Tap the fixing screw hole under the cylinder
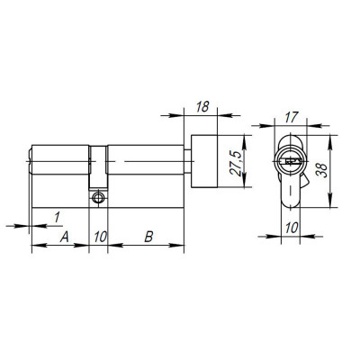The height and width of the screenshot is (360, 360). (x=98, y=195)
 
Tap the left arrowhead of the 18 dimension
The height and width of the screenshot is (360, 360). (x=190, y=115)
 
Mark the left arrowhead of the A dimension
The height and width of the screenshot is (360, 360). (x=35, y=247)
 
